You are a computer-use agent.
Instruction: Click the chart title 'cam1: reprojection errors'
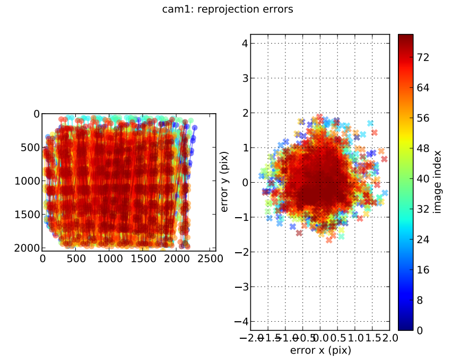pyautogui.click(x=228, y=10)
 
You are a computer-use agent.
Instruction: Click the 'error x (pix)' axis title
pyautogui.click(x=320, y=350)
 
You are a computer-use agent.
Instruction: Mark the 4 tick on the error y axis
pyautogui.click(x=245, y=44)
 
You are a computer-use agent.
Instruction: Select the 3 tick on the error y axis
pyautogui.click(x=245, y=78)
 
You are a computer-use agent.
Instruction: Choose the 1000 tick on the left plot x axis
pyautogui.click(x=110, y=259)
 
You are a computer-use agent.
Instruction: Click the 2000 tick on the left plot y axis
pyautogui.click(x=28, y=248)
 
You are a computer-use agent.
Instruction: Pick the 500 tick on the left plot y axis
pyautogui.click(x=31, y=147)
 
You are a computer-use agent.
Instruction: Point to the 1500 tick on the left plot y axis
pyautogui.click(x=28, y=215)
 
